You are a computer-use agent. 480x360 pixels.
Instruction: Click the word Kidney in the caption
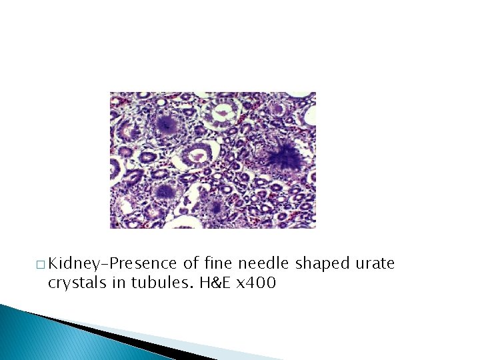(73, 264)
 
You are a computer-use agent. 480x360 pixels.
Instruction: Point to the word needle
(267, 264)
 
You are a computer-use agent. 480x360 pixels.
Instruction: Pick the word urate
(376, 264)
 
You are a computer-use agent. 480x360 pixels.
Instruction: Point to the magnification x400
(255, 283)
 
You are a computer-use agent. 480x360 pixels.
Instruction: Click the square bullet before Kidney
(41, 265)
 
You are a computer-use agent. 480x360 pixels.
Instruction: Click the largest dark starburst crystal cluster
(285, 157)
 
